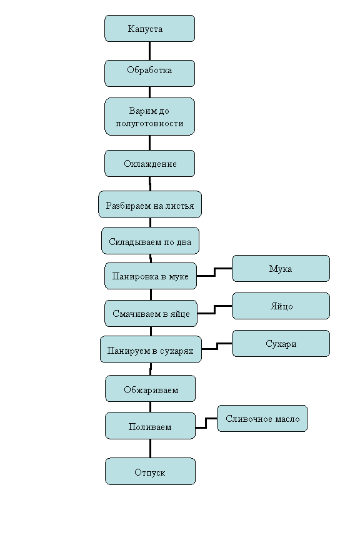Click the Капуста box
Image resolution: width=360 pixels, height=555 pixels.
click(149, 28)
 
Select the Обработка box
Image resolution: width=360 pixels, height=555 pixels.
click(149, 73)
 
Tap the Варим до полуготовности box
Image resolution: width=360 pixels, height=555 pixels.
click(149, 116)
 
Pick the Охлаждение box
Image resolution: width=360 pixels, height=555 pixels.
click(149, 163)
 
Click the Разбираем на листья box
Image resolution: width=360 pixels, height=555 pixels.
click(150, 204)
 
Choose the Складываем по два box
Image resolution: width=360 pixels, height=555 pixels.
click(150, 241)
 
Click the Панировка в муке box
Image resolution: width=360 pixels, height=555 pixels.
click(151, 276)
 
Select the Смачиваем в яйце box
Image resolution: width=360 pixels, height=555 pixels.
click(151, 313)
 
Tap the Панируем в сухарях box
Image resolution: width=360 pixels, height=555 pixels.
click(151, 349)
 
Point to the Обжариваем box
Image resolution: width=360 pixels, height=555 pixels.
click(151, 389)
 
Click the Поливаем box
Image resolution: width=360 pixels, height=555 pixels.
click(151, 426)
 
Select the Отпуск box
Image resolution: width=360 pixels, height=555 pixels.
click(151, 471)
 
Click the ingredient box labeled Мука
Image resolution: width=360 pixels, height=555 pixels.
click(281, 268)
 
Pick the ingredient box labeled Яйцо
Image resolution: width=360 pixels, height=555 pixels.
click(281, 306)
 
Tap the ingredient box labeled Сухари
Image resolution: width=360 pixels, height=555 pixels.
click(281, 343)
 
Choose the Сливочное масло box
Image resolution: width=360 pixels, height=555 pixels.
click(262, 418)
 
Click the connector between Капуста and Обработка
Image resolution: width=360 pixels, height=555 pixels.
click(149, 51)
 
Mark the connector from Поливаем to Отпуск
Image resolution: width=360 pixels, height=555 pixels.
click(150, 449)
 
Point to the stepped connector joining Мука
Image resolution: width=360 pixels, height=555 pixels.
click(214, 272)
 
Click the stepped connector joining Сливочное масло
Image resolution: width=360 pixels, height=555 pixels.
click(206, 423)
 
